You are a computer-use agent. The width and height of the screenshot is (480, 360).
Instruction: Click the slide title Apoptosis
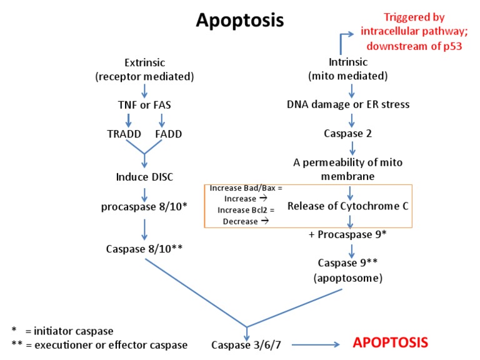(240, 21)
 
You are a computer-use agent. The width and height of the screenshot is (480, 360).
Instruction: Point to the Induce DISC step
(145, 177)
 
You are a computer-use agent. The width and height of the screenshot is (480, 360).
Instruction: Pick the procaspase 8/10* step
(145, 206)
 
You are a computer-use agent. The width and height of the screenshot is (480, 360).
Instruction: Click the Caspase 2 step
(352, 133)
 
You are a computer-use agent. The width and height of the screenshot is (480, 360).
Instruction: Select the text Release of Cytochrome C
(347, 206)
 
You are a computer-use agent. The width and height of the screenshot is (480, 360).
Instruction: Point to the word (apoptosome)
(351, 277)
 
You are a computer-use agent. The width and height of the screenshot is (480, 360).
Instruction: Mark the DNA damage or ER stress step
(348, 104)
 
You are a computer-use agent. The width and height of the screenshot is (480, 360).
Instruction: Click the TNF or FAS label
(145, 104)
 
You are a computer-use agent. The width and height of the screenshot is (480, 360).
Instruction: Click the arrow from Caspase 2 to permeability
(352, 147)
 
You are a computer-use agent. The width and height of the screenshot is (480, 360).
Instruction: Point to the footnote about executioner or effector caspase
(100, 345)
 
